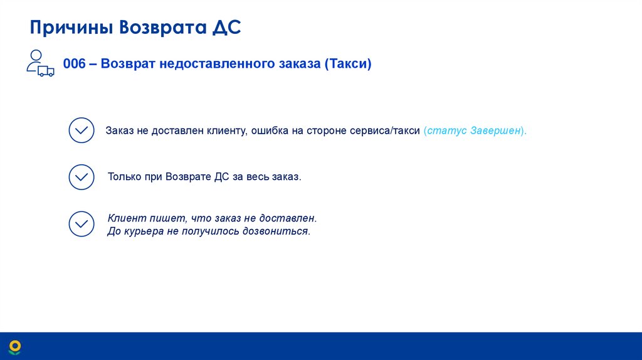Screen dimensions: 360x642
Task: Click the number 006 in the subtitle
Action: (x=74, y=64)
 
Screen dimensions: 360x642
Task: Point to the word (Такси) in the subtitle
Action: (x=348, y=64)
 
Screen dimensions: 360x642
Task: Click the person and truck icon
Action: (x=39, y=63)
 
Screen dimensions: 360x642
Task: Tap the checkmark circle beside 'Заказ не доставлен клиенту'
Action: (x=81, y=130)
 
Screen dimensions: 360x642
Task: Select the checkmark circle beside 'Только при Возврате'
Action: (x=81, y=177)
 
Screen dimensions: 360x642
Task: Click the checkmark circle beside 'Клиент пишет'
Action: (x=81, y=224)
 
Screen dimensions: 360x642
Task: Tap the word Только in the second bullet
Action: (x=124, y=177)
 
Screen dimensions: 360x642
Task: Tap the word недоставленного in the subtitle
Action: (x=217, y=64)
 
